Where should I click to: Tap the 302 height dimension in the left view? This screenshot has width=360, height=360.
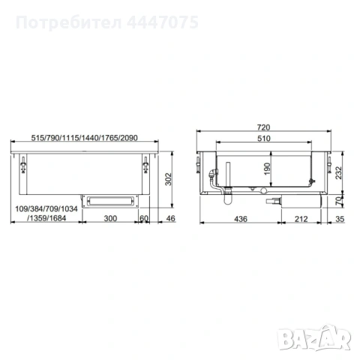[169, 178]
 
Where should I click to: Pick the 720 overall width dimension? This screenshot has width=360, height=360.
[262, 128]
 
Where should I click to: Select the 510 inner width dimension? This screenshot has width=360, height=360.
[262, 139]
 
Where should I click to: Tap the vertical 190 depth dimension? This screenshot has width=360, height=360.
[266, 169]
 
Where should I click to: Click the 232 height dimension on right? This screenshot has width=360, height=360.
[339, 172]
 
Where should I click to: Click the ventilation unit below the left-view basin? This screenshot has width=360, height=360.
[110, 199]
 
